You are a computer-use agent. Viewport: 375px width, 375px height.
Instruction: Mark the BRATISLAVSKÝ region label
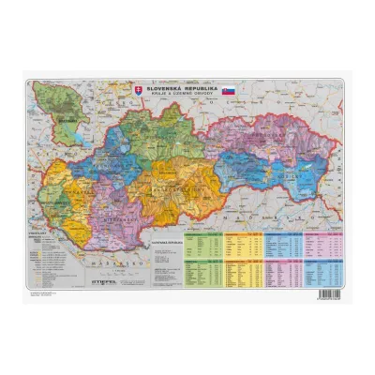(54, 202)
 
